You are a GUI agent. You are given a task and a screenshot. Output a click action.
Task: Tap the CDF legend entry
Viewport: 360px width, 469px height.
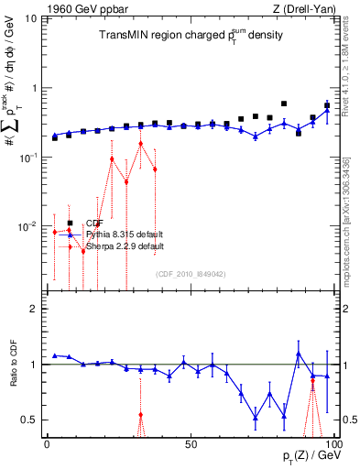[93, 223]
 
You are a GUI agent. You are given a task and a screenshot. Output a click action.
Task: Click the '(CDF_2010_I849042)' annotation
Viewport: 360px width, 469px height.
[190, 274]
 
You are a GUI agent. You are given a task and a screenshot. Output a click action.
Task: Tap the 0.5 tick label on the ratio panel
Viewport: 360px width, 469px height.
[29, 420]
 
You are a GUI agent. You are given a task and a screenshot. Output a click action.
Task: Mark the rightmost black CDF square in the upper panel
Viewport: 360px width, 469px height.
[327, 105]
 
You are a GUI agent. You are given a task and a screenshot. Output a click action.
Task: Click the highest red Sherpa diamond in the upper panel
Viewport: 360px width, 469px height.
[140, 144]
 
